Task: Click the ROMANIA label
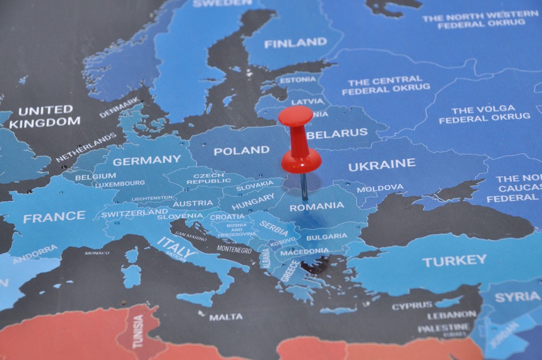pos(317,206)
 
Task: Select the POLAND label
pos(241,150)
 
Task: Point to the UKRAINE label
pos(382,165)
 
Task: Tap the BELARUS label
pos(337,133)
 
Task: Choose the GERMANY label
pos(146,160)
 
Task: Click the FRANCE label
pos(54,217)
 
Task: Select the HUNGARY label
pos(253,202)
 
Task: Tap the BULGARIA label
pos(326,236)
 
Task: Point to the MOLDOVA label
pos(380,188)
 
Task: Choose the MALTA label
pos(225,317)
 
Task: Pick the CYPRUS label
pos(412,306)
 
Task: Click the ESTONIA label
pos(298,80)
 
